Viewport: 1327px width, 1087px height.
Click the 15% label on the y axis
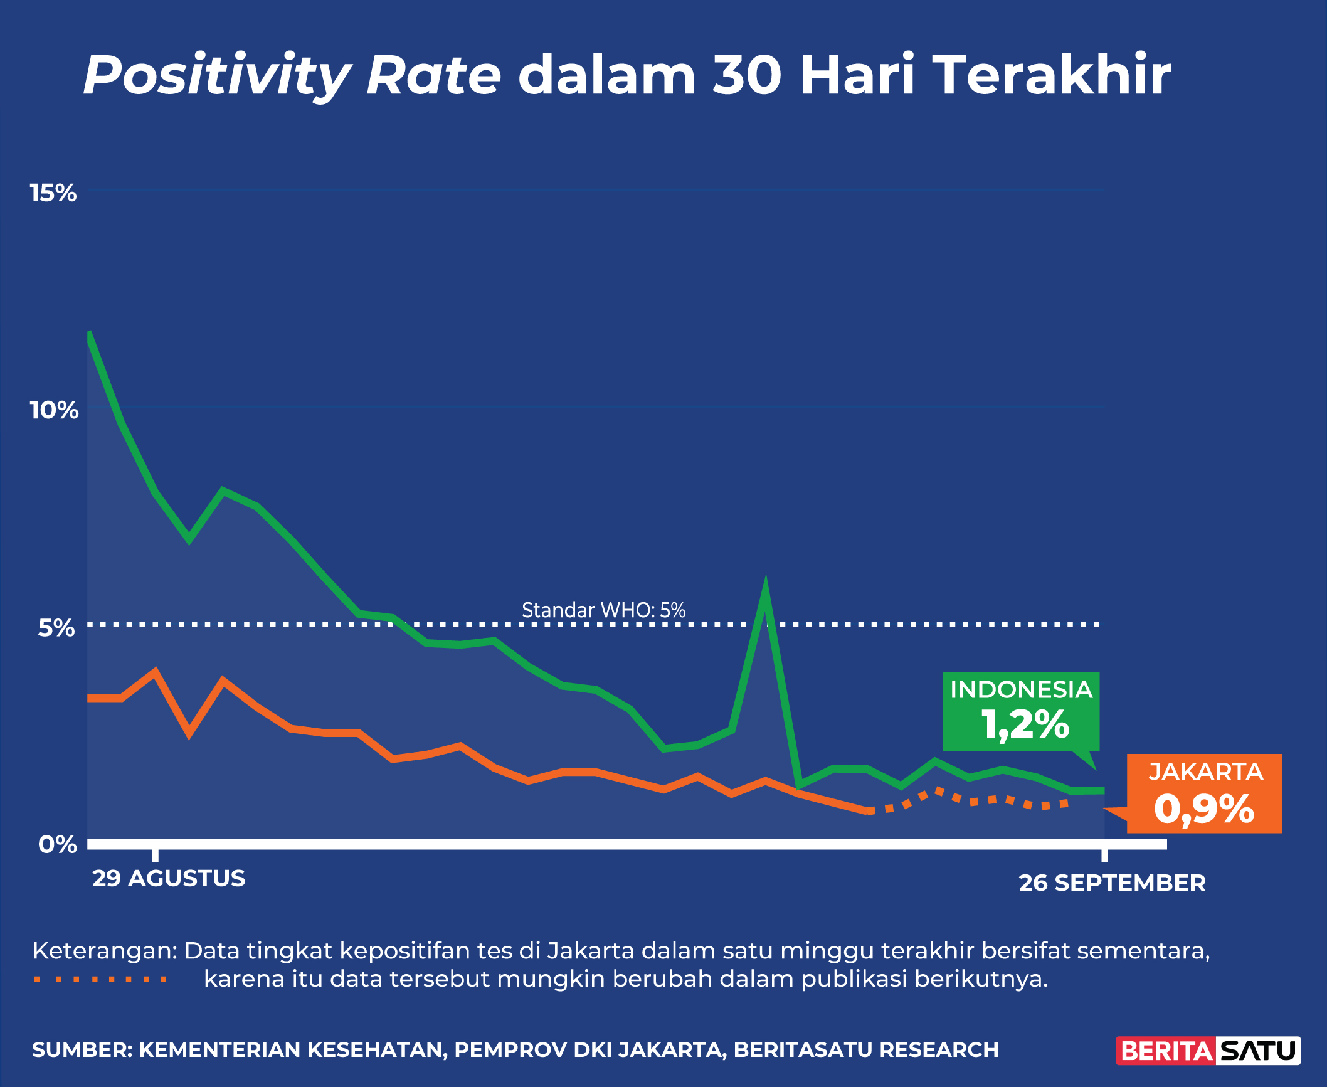pyautogui.click(x=53, y=193)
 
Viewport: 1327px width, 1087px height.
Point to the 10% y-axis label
pyautogui.click(x=54, y=410)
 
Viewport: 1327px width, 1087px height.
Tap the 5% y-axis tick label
pyautogui.click(x=56, y=628)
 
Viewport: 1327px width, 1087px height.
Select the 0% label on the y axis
pyautogui.click(x=58, y=844)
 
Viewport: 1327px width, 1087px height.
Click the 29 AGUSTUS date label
pyautogui.click(x=169, y=878)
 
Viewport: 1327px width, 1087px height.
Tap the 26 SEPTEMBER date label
pyautogui.click(x=1112, y=883)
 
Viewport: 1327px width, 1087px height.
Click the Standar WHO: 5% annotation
pyautogui.click(x=603, y=610)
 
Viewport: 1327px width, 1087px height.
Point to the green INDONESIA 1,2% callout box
pyautogui.click(x=1021, y=711)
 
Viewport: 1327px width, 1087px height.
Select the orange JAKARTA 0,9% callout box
pyautogui.click(x=1204, y=793)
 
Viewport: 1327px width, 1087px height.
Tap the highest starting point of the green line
pyautogui.click(x=90, y=333)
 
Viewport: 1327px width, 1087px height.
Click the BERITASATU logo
pyautogui.click(x=1208, y=1051)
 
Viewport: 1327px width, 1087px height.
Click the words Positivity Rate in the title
pyautogui.click(x=292, y=75)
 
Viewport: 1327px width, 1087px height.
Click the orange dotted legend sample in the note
pyautogui.click(x=101, y=979)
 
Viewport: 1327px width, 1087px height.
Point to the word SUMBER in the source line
pyautogui.click(x=82, y=1050)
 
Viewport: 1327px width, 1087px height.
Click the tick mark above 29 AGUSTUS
pyautogui.click(x=156, y=855)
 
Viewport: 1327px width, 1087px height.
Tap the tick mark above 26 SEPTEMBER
pyautogui.click(x=1104, y=855)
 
